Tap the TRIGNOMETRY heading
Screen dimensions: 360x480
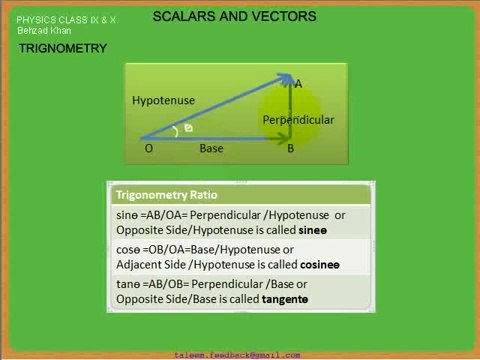[62, 49]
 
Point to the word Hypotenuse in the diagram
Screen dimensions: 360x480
[163, 101]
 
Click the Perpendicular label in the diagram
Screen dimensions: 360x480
[298, 120]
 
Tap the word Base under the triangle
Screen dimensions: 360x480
[211, 149]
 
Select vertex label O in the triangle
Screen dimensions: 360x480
[149, 149]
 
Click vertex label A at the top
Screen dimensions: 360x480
[298, 84]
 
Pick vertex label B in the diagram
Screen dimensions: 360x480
[291, 149]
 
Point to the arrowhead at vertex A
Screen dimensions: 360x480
[287, 79]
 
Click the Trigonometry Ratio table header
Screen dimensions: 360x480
[166, 195]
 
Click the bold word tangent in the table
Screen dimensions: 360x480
[285, 299]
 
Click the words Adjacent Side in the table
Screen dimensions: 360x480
[150, 264]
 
